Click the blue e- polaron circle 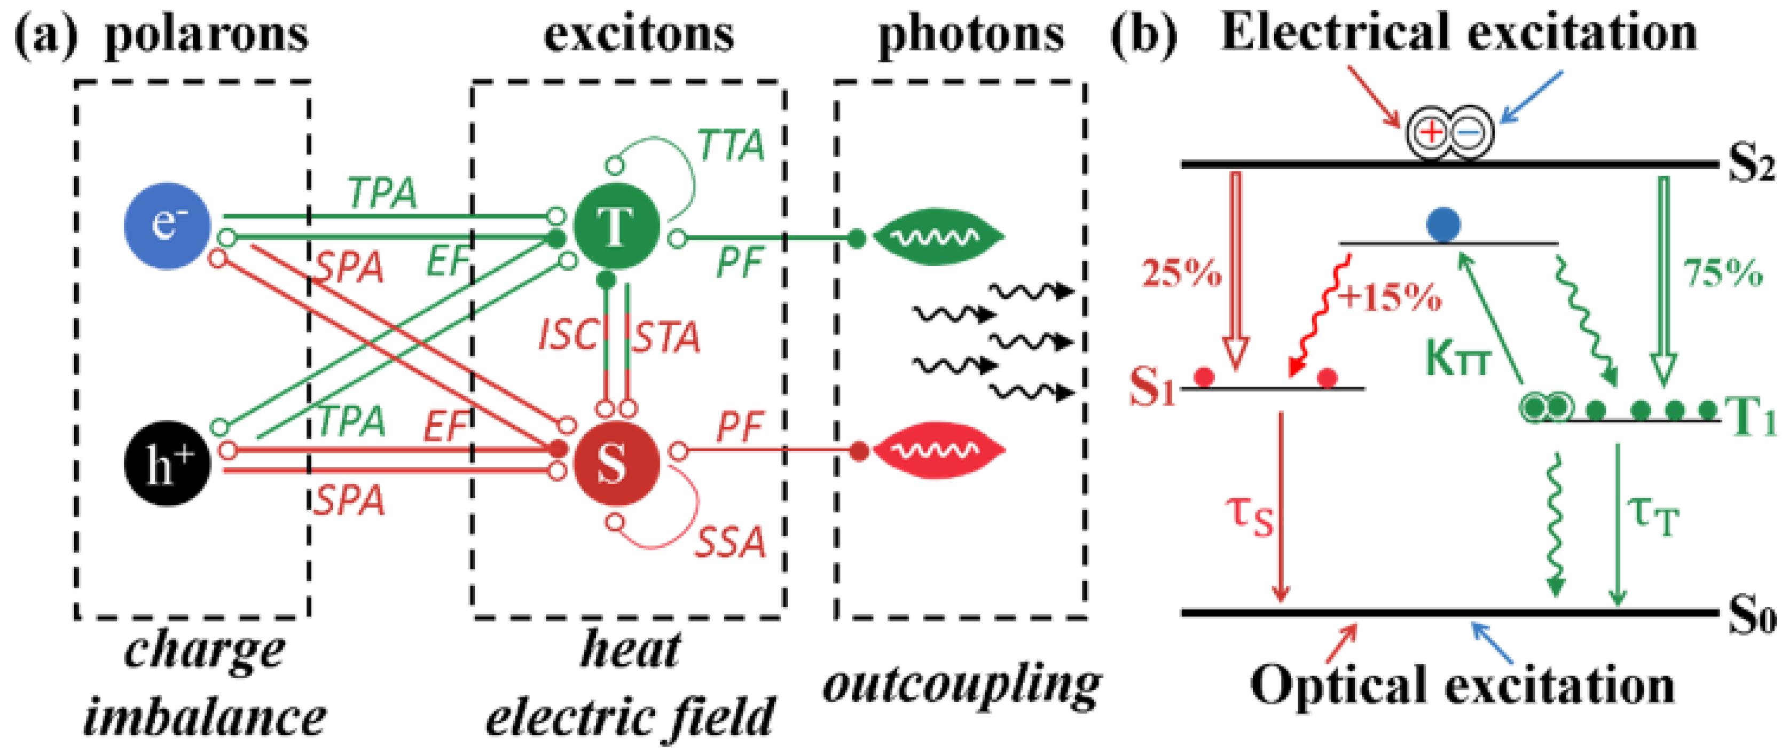pos(167,226)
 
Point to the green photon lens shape pos(938,238)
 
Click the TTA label pos(731,146)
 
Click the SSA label pos(731,542)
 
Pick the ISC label pos(568,335)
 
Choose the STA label pos(665,337)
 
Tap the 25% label pos(1181,273)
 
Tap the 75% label pos(1723,273)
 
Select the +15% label pos(1390,297)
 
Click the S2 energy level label pos(1750,167)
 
